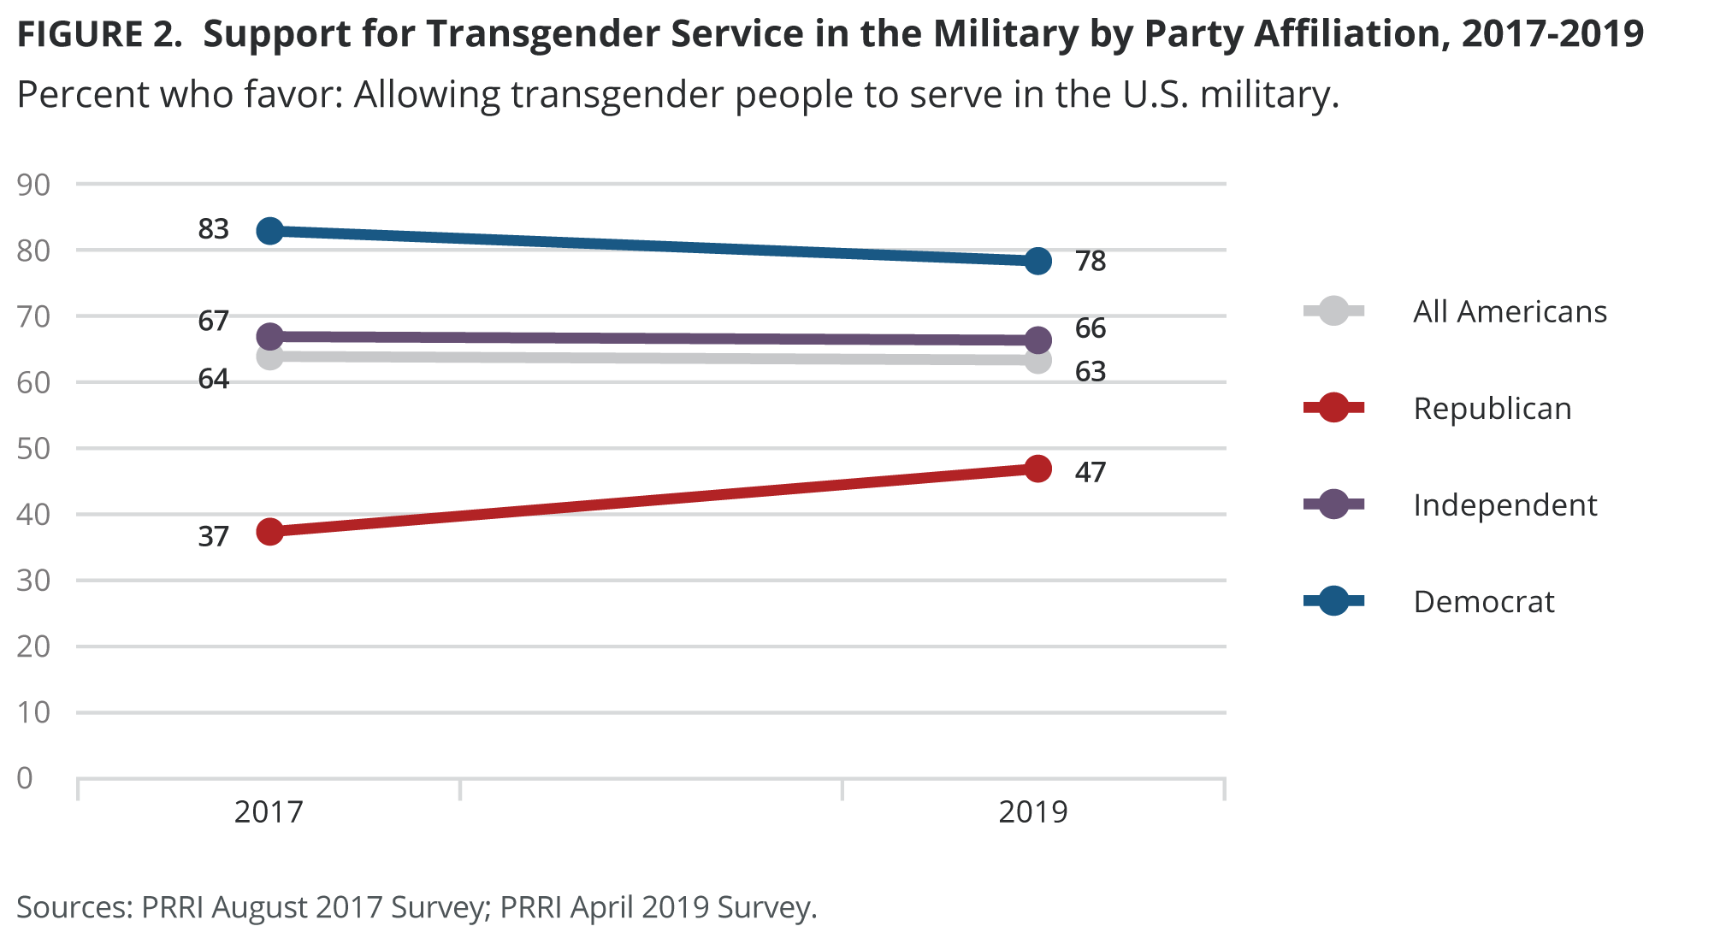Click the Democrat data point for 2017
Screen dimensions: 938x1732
269,231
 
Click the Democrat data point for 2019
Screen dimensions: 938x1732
1037,261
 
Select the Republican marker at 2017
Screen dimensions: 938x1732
269,532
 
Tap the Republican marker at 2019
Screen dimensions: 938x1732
1037,469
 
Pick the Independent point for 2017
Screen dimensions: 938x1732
269,336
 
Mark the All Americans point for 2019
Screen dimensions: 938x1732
1037,361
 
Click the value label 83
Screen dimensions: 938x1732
214,229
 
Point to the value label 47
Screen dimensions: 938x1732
1091,472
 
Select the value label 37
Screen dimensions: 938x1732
214,537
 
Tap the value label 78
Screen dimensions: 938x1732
1091,261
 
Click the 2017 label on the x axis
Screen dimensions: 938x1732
269,811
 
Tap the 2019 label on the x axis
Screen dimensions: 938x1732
1033,811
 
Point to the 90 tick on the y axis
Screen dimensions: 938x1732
33,185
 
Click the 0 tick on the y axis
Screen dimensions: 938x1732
25,778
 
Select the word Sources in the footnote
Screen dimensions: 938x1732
74,907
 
